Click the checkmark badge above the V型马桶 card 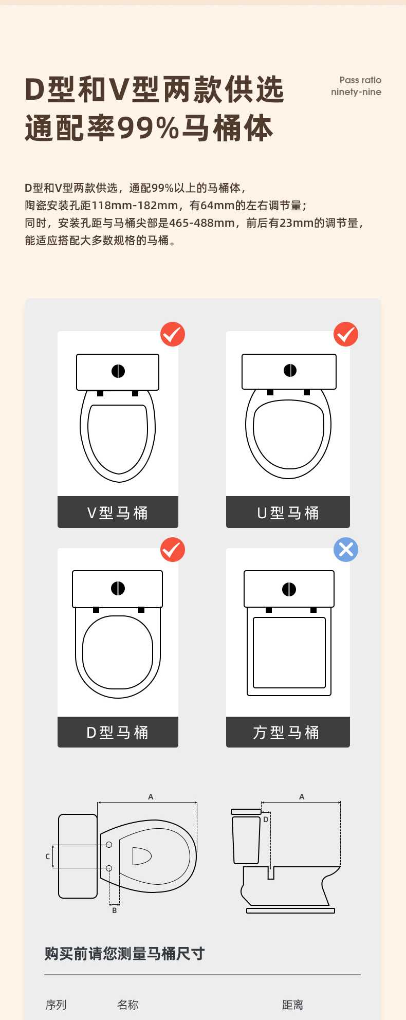(x=173, y=334)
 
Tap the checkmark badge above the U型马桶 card (x=346, y=334)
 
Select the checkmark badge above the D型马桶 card (x=173, y=550)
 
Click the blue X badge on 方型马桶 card (x=346, y=550)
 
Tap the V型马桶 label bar (x=118, y=512)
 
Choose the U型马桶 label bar (x=288, y=512)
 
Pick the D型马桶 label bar (x=118, y=732)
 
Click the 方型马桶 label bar (x=288, y=732)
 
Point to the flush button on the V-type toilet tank (x=118, y=371)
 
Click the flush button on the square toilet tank (x=289, y=589)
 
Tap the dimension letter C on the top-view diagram (x=48, y=857)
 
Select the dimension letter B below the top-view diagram (x=115, y=910)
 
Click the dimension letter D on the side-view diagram (x=266, y=819)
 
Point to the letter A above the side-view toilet (x=302, y=797)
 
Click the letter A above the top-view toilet (x=151, y=797)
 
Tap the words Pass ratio (x=360, y=80)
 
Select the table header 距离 (x=292, y=1005)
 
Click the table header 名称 (x=128, y=1005)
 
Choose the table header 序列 (x=56, y=1005)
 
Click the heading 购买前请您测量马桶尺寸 (x=125, y=954)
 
